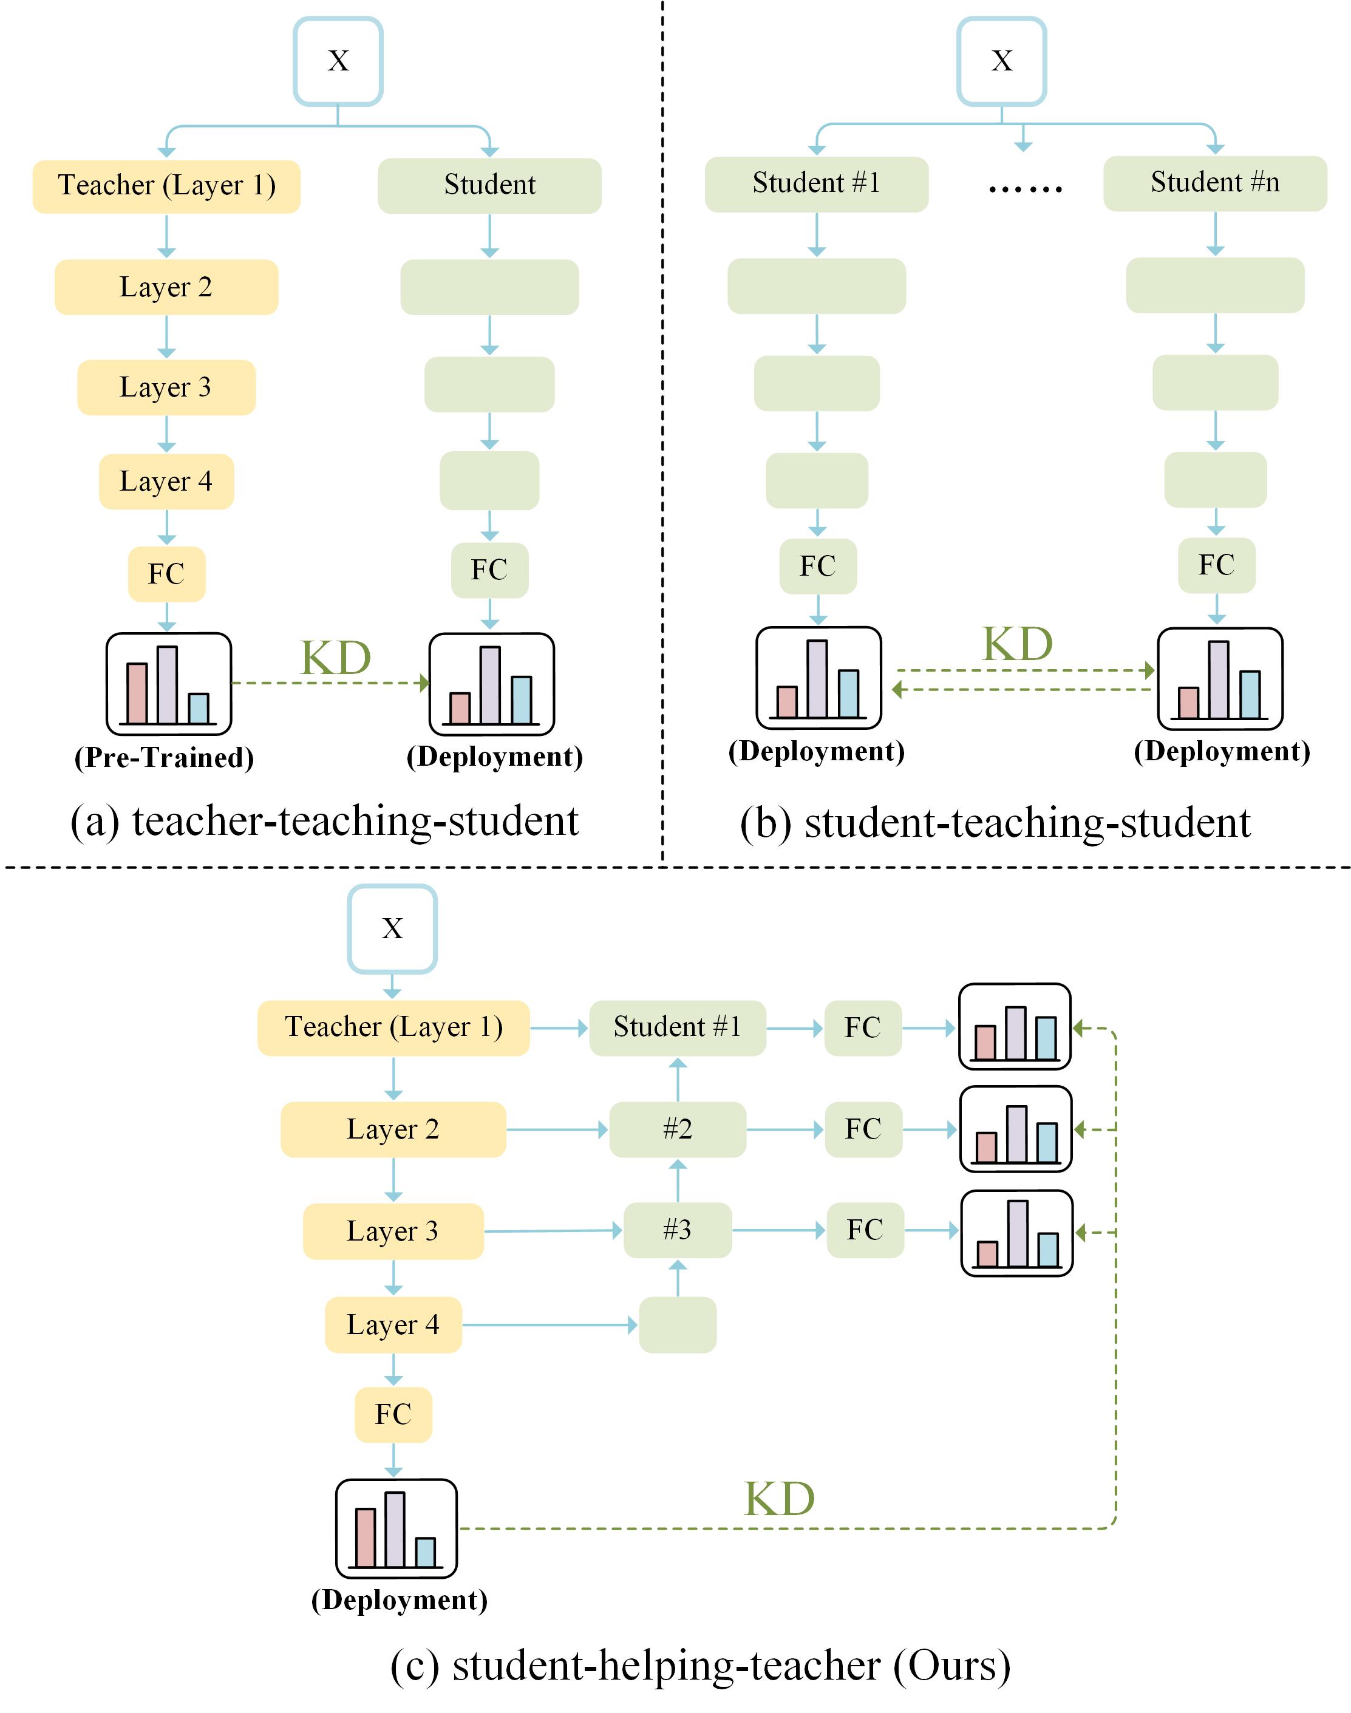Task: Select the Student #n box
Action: tap(1214, 183)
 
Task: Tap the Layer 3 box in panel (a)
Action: tap(166, 387)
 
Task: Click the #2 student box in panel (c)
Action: tap(677, 1129)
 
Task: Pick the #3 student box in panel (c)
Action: tap(677, 1230)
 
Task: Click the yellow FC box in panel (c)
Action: tap(393, 1414)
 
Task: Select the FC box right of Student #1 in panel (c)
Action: tap(862, 1027)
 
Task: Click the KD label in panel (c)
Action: tap(779, 1499)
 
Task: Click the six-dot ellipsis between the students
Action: tap(1025, 188)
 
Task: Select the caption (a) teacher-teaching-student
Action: tap(324, 821)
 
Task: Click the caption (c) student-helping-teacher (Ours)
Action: tap(700, 1665)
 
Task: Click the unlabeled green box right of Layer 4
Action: tap(677, 1325)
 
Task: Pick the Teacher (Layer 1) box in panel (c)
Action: tap(393, 1027)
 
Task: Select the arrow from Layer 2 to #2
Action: tap(557, 1129)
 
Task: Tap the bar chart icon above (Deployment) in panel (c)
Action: tap(396, 1528)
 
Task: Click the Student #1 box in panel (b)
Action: tap(816, 184)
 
